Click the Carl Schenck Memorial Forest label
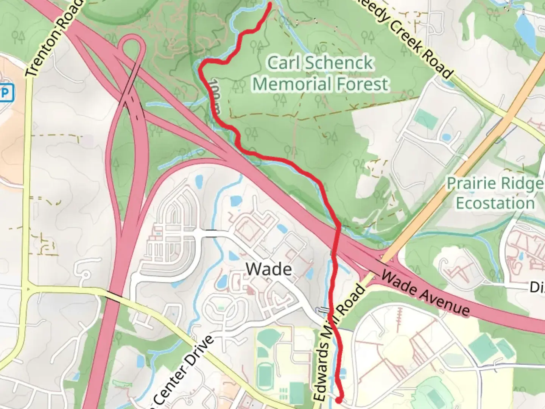coord(320,73)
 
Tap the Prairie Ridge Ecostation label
coord(495,193)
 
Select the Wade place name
coord(269,269)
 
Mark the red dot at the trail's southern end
coord(339,399)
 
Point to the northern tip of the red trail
coord(270,5)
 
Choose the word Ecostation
coord(495,203)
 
